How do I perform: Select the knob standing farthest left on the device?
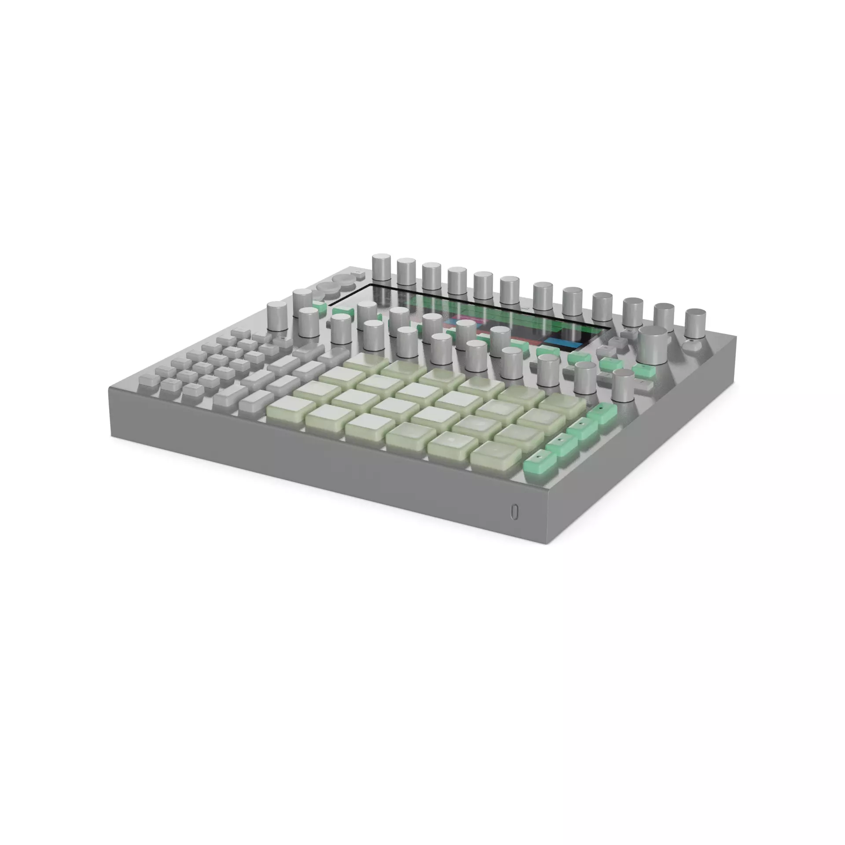277,316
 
